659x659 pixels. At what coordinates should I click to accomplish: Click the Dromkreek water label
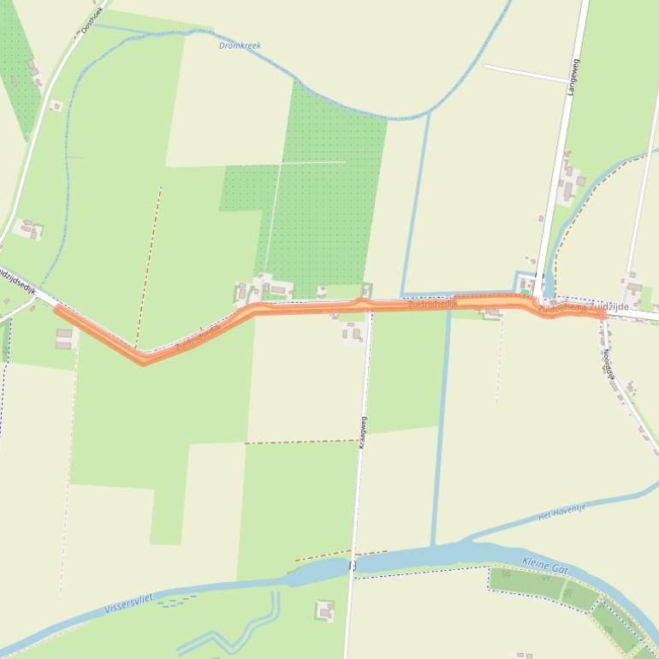(x=240, y=45)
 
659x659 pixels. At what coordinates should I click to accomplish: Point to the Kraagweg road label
(x=363, y=432)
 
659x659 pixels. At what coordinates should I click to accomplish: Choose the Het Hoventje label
(x=562, y=512)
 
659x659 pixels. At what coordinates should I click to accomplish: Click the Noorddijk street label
(x=609, y=365)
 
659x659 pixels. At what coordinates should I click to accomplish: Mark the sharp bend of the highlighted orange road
(x=143, y=360)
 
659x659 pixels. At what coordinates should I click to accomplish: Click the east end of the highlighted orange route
(x=602, y=315)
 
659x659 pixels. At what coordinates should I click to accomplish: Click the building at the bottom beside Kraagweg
(x=324, y=610)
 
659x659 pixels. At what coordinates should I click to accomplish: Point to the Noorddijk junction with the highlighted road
(x=602, y=315)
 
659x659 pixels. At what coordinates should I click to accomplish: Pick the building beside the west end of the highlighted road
(x=64, y=338)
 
